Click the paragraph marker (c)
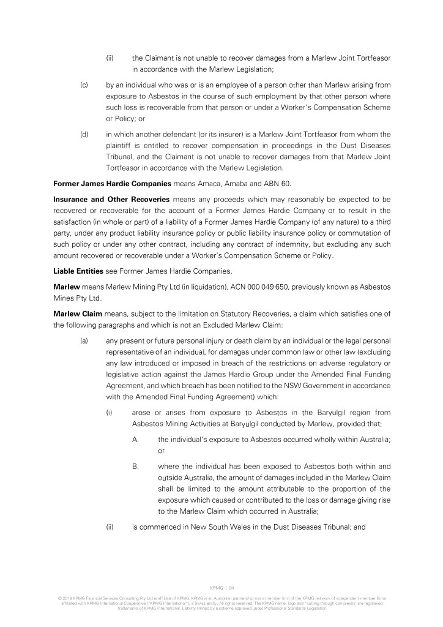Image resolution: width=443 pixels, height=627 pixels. tap(84, 84)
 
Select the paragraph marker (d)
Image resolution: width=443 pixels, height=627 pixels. tap(84, 134)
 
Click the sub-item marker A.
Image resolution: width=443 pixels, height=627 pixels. tap(135, 439)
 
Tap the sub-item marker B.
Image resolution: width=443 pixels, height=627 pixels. tap(135, 467)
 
